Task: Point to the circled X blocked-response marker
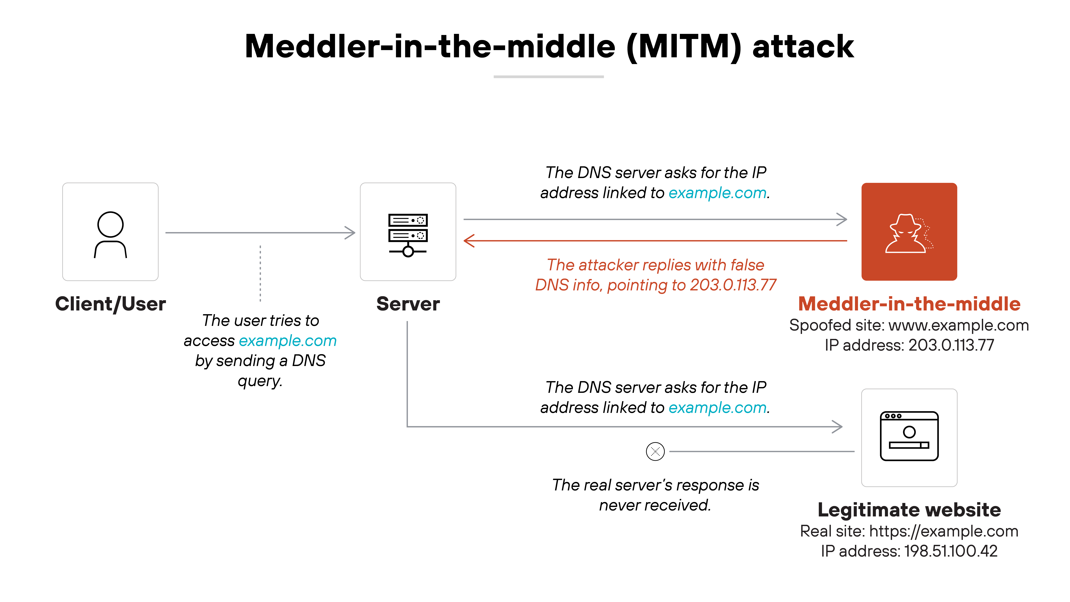655,451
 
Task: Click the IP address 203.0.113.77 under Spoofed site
951,345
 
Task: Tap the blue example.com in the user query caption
287,341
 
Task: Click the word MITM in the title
683,47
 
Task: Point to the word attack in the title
802,47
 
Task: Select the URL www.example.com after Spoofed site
958,325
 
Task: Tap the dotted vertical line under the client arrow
260,273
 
